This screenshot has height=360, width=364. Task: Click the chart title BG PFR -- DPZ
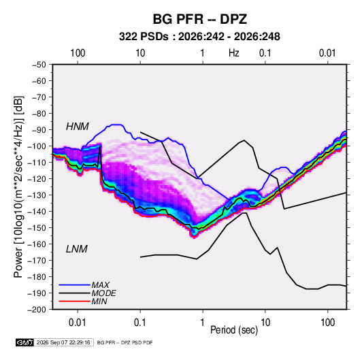point(199,19)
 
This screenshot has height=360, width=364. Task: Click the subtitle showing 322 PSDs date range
point(199,37)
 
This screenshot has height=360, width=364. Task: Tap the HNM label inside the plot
point(78,127)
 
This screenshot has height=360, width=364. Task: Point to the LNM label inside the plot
point(77,249)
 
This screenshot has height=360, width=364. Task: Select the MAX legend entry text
point(100,285)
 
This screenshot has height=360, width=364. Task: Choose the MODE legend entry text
point(103,293)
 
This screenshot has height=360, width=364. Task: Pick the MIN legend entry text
point(99,301)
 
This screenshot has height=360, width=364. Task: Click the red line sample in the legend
point(74,301)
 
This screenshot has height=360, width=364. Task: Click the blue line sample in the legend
point(74,284)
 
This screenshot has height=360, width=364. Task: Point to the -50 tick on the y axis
point(39,65)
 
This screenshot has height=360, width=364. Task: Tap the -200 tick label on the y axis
point(37,310)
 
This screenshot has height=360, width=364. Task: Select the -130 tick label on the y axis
point(37,195)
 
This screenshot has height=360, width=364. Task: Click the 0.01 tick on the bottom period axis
point(78,323)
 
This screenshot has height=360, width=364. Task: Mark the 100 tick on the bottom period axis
point(327,323)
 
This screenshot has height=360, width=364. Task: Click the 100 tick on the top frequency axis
point(78,53)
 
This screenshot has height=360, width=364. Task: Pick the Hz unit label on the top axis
point(234,53)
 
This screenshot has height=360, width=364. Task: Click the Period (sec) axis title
point(234,330)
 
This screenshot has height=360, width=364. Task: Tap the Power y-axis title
point(18,186)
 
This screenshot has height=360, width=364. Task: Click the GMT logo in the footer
point(25,342)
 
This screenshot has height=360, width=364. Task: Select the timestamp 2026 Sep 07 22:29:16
point(63,342)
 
